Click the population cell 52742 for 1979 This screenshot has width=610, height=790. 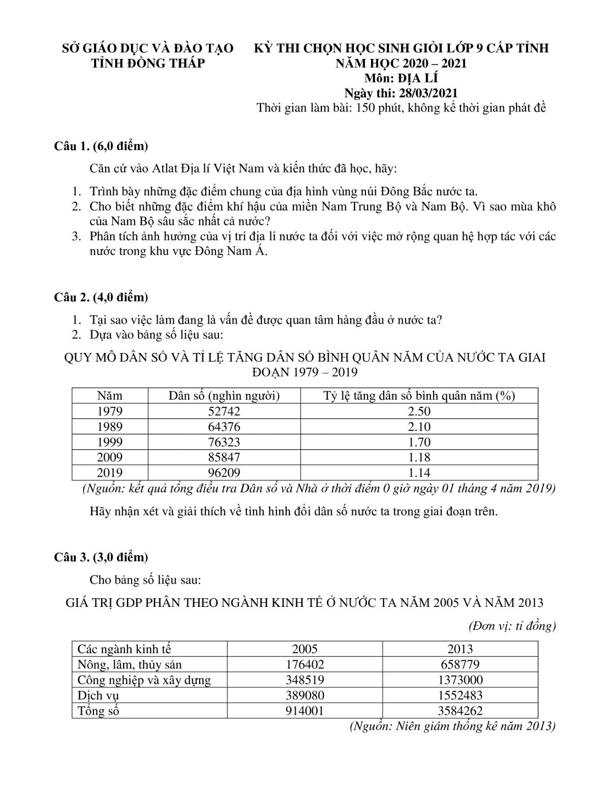coord(224,411)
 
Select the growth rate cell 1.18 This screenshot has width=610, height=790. coord(419,457)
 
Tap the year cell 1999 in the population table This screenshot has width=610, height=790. coord(110,442)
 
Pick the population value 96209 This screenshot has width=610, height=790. coord(224,473)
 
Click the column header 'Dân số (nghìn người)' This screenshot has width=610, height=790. coord(224,396)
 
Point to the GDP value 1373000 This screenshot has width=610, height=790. coord(460,680)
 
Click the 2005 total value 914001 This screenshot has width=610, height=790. coord(304,711)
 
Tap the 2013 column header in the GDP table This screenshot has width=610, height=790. coord(460,649)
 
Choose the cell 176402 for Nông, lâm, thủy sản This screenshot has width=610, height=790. coord(304,664)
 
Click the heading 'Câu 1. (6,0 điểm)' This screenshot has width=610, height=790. coord(102,147)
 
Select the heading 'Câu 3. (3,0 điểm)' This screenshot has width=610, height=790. coord(102,557)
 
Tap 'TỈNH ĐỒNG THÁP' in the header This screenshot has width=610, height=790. coord(147,63)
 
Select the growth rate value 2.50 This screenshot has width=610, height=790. coord(419,411)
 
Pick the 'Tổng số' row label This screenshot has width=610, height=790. coord(98,711)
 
